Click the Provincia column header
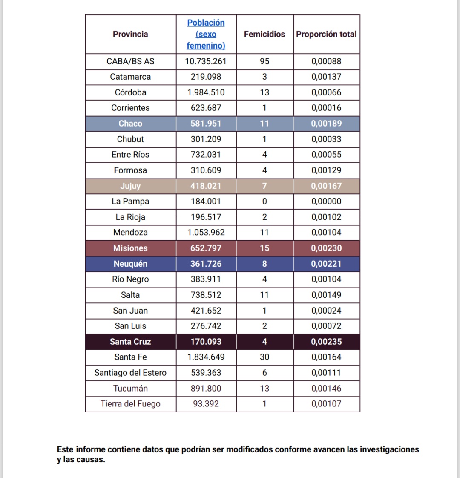pyautogui.click(x=130, y=34)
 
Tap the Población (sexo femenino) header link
pyautogui.click(x=206, y=34)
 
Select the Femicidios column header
pyautogui.click(x=264, y=34)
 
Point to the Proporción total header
pyautogui.click(x=326, y=34)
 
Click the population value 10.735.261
pyautogui.click(x=206, y=61)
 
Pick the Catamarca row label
pyautogui.click(x=130, y=77)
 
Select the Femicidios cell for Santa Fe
pyautogui.click(x=264, y=357)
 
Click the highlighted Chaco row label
pyautogui.click(x=130, y=124)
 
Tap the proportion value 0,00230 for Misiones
pyautogui.click(x=326, y=248)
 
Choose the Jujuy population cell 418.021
pyautogui.click(x=206, y=186)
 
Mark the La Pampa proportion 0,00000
pyautogui.click(x=326, y=202)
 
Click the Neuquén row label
pyautogui.click(x=130, y=264)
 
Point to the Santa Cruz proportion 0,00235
pyautogui.click(x=326, y=342)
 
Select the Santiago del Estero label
pyautogui.click(x=130, y=373)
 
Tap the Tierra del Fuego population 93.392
pyautogui.click(x=206, y=404)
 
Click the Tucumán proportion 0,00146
pyautogui.click(x=326, y=388)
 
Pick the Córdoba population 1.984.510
pyautogui.click(x=206, y=92)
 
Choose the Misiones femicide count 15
pyautogui.click(x=264, y=248)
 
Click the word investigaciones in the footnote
pyautogui.click(x=389, y=449)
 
